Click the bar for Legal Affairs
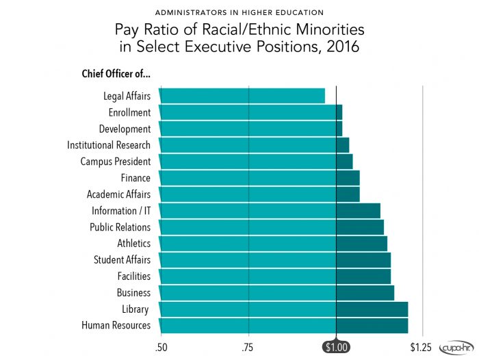(x=242, y=96)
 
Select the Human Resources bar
(x=283, y=326)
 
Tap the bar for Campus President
(x=255, y=162)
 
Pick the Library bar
(x=283, y=309)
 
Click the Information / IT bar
(x=269, y=211)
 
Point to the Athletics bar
(x=272, y=244)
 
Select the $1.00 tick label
(x=336, y=348)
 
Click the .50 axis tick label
(x=161, y=348)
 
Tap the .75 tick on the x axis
(x=248, y=348)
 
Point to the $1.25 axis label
(x=422, y=348)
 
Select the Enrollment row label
(x=129, y=112)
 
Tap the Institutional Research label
(x=108, y=145)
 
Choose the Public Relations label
(x=120, y=227)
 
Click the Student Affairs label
(x=122, y=260)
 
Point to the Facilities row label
(x=133, y=277)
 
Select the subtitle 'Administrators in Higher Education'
(x=239, y=13)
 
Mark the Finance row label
(x=135, y=178)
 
